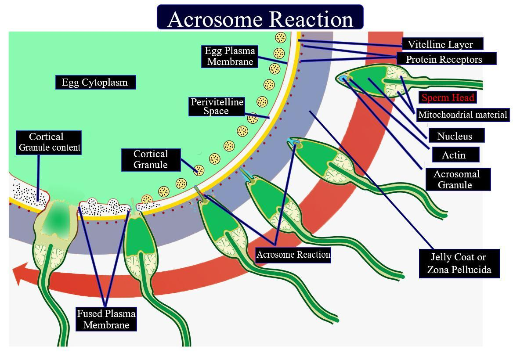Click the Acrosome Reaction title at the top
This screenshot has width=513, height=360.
point(260,18)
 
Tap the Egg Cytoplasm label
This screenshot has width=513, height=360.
point(95,82)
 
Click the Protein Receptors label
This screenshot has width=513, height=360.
point(444,59)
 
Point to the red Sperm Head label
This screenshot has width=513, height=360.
point(448,97)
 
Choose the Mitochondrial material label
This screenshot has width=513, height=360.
point(462,115)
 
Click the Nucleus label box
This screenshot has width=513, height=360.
point(455,136)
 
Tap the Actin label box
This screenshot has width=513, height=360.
point(454,155)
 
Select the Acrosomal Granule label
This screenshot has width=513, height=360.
point(457,179)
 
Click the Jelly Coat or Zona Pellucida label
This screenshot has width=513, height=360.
point(459,263)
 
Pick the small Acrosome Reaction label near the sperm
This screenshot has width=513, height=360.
point(293,255)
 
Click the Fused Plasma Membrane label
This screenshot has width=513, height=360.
point(106,319)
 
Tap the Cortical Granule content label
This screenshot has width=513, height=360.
point(49,142)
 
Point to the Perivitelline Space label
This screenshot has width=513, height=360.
point(217,107)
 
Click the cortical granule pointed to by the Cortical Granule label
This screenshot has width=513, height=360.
point(199,170)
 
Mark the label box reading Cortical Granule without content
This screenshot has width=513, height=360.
point(151,159)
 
